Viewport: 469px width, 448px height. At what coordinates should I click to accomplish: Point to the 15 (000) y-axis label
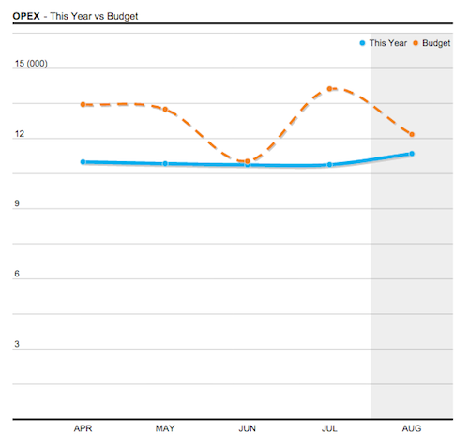click(x=31, y=64)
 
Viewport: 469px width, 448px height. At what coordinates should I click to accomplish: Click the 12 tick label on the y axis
click(x=19, y=135)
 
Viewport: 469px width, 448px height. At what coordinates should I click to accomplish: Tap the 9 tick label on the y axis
click(x=16, y=204)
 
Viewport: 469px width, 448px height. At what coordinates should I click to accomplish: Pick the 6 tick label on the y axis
click(x=16, y=274)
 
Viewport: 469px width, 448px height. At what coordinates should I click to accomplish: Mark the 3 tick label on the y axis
click(x=16, y=344)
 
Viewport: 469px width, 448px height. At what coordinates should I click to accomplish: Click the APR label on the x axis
click(x=83, y=428)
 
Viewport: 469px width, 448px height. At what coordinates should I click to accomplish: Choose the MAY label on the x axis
click(x=165, y=428)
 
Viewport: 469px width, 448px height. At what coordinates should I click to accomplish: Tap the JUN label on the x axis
click(x=248, y=428)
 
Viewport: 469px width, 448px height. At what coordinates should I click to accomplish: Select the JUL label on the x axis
click(x=329, y=428)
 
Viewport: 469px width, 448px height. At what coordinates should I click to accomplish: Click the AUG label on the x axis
click(x=412, y=428)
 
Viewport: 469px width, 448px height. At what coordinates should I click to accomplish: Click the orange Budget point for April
click(x=83, y=104)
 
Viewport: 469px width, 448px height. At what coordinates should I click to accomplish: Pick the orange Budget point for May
click(x=165, y=110)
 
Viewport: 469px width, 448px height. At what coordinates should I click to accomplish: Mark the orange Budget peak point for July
click(x=330, y=89)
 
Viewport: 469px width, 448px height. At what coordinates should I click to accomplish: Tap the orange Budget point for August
click(x=412, y=134)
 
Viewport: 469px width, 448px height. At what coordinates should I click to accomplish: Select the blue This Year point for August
click(x=412, y=154)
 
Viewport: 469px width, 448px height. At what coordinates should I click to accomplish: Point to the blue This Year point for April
click(x=83, y=162)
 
